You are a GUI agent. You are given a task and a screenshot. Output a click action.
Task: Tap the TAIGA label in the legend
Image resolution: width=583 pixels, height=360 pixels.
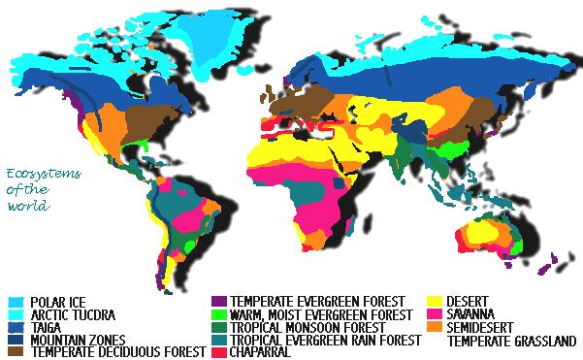click(45, 327)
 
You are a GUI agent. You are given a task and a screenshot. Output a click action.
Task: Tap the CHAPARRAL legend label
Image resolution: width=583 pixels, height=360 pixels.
click(261, 352)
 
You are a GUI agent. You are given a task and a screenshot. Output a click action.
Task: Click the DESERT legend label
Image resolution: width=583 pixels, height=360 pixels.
click(467, 302)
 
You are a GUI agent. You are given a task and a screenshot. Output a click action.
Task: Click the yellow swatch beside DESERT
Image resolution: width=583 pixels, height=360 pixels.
click(434, 302)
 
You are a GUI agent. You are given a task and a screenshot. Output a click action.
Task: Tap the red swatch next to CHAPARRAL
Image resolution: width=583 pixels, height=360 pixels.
click(218, 352)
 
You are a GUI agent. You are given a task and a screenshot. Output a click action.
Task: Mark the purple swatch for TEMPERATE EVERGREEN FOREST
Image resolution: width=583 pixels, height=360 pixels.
click(218, 302)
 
